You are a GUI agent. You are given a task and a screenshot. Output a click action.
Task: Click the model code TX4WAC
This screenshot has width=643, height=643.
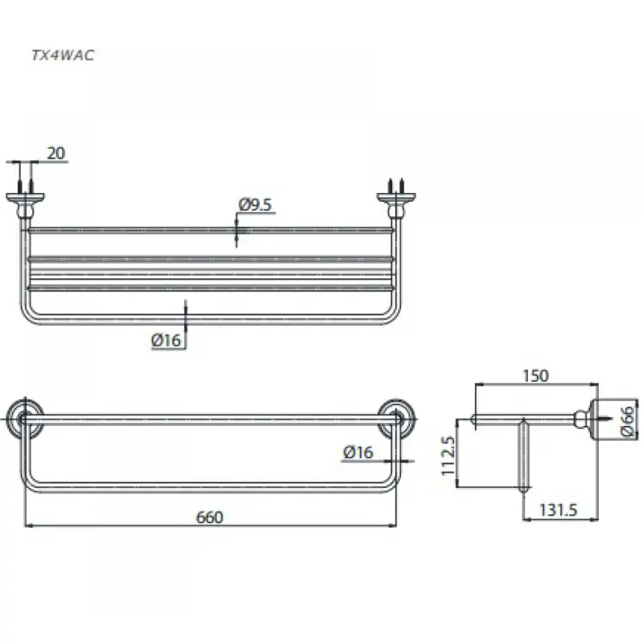pyautogui.click(x=63, y=55)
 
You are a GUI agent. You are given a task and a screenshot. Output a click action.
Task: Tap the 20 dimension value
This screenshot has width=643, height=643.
pyautogui.click(x=56, y=154)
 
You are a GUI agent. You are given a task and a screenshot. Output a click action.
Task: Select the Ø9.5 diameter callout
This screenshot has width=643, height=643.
pyautogui.click(x=255, y=205)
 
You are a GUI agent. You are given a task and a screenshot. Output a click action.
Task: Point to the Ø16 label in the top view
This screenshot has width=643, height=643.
pyautogui.click(x=166, y=340)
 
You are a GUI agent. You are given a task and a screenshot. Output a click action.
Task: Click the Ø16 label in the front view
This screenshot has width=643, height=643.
pyautogui.click(x=358, y=453)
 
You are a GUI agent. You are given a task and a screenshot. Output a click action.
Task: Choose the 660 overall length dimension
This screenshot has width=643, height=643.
pyautogui.click(x=210, y=517)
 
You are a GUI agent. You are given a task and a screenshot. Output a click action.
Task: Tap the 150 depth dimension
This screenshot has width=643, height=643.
pyautogui.click(x=535, y=375)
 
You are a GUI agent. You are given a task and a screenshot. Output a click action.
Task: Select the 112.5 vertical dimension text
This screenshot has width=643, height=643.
pyautogui.click(x=448, y=455)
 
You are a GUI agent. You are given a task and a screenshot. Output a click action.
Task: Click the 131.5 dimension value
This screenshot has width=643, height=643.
pyautogui.click(x=558, y=510)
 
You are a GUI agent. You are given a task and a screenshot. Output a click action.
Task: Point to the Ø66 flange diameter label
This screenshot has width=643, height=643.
pyautogui.click(x=628, y=421)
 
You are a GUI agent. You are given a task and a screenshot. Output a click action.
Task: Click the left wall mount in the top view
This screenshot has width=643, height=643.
pyautogui.click(x=25, y=201)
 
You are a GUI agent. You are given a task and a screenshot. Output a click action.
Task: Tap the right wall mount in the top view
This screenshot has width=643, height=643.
pyautogui.click(x=396, y=201)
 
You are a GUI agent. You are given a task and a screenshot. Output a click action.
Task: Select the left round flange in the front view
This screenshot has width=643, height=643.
pyautogui.click(x=24, y=419)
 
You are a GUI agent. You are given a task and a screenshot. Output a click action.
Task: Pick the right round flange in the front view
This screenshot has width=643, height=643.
pyautogui.click(x=396, y=419)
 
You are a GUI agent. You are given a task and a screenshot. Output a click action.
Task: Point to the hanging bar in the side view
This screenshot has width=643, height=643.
pyautogui.click(x=523, y=455)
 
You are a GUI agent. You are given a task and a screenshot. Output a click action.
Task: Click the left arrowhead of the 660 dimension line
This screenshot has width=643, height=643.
pyautogui.click(x=29, y=525)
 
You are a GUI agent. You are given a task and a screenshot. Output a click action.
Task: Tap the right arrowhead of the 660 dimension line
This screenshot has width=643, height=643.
pyautogui.click(x=393, y=525)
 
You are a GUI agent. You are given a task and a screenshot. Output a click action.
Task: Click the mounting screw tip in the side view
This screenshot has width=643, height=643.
pyautogui.click(x=611, y=419)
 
